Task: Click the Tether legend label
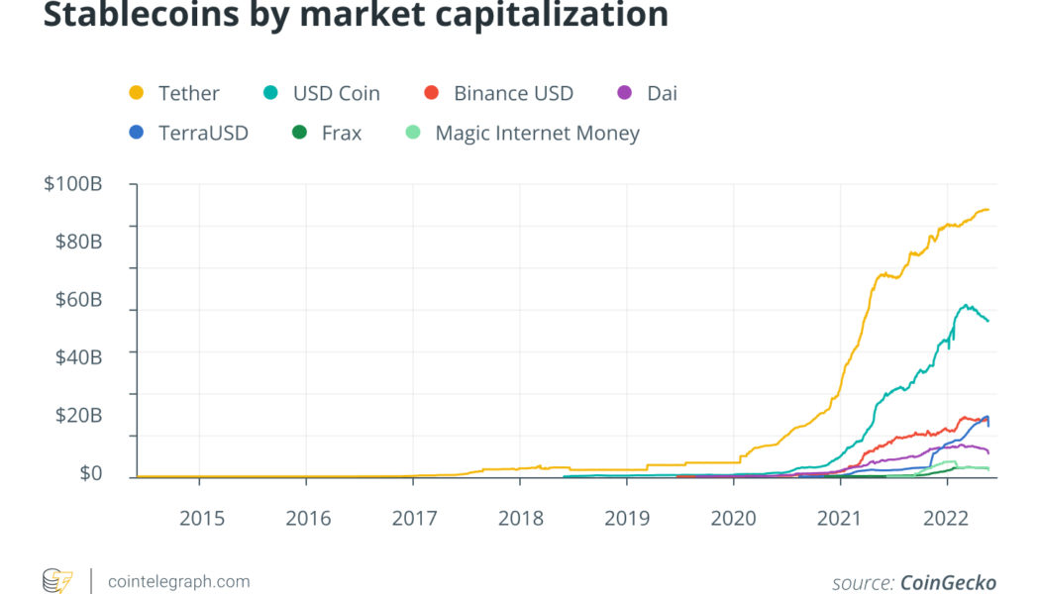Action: (x=188, y=94)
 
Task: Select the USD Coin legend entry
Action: (x=336, y=94)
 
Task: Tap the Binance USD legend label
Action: (x=513, y=94)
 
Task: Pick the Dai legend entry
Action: (x=662, y=94)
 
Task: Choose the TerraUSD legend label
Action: (x=203, y=133)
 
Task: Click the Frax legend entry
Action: (x=342, y=133)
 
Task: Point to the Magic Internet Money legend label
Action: (x=537, y=133)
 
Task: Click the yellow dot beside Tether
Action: (x=137, y=94)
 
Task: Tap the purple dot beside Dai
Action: (x=624, y=94)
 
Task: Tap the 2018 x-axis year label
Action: (x=520, y=518)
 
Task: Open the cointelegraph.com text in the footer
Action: (x=178, y=581)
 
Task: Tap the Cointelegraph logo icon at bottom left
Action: (x=57, y=581)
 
